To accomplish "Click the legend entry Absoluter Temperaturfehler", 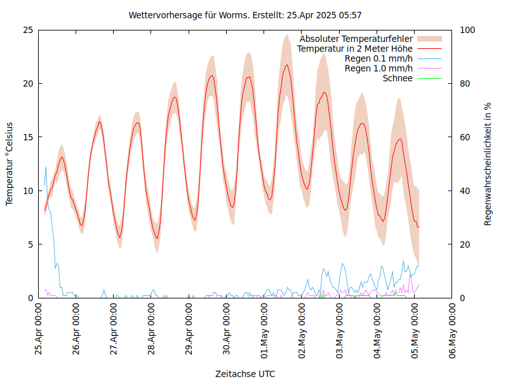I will pyautogui.click(x=356, y=39).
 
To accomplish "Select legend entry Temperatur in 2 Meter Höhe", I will pyautogui.click(x=355, y=48).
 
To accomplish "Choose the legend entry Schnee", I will pyautogui.click(x=398, y=78).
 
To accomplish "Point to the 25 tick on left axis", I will pyautogui.click(x=27, y=30).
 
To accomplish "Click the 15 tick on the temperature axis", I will pyautogui.click(x=27, y=137).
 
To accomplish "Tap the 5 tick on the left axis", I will pyautogui.click(x=30, y=244).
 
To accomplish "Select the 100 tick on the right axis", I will pyautogui.click(x=467, y=30).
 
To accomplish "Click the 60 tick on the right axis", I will pyautogui.click(x=465, y=137).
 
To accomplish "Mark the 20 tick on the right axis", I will pyautogui.click(x=465, y=244).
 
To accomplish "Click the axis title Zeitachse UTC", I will pyautogui.click(x=245, y=373).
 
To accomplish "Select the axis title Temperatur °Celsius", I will pyautogui.click(x=10, y=164).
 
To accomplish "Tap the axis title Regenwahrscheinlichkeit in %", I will pyautogui.click(x=488, y=164).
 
